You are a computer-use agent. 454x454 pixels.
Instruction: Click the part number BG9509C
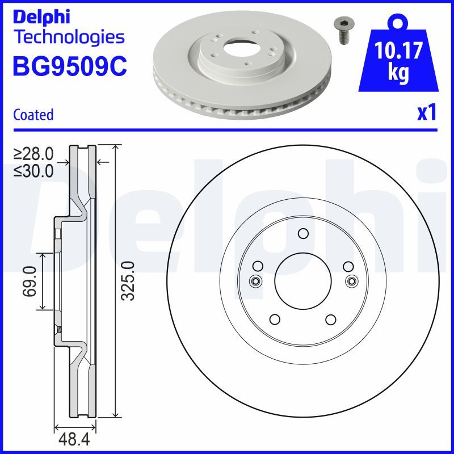(69, 67)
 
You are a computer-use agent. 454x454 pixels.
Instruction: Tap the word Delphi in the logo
(41, 16)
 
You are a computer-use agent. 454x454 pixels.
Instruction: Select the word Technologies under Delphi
(68, 37)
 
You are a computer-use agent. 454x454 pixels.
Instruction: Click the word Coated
(33, 115)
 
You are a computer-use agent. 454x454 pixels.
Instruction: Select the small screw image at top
(342, 30)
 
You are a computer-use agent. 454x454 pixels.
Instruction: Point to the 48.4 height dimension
(73, 439)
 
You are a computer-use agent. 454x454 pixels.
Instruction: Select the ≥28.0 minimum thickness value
(33, 154)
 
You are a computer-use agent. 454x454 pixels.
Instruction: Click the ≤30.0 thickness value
(33, 170)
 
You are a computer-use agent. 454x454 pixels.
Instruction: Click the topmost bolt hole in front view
(303, 233)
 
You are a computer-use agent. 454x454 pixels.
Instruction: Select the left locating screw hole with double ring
(255, 280)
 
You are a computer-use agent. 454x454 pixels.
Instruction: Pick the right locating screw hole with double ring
(352, 280)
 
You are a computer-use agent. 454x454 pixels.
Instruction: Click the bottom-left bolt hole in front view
(275, 320)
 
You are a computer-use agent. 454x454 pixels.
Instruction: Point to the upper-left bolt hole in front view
(258, 266)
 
